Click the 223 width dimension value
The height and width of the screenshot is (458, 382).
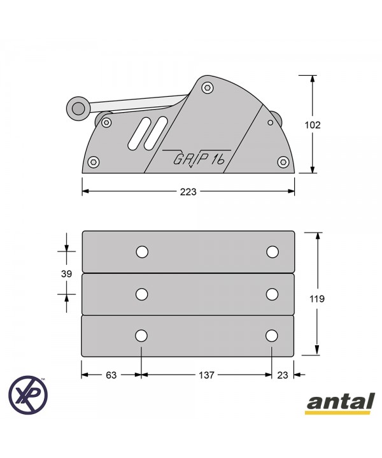[x=188, y=192]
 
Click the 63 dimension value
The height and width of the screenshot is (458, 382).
[x=111, y=376]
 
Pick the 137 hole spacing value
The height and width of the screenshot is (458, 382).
[x=207, y=376]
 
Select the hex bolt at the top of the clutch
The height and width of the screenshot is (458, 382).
[x=207, y=88]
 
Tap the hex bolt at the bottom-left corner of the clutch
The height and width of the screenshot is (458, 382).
[x=94, y=162]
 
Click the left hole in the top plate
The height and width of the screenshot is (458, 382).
[x=142, y=252]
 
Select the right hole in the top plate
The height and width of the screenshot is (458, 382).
[x=272, y=252]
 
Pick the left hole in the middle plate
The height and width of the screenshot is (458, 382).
[x=142, y=294]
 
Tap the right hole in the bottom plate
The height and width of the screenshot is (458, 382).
[x=272, y=336]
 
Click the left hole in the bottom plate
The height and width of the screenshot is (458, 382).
[x=141, y=336]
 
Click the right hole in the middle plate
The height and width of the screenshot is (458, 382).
[x=272, y=294]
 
